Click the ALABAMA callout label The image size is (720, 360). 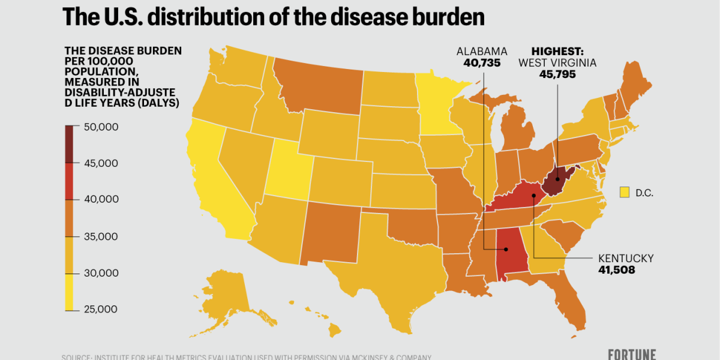coord(482,51)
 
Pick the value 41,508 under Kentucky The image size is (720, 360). coord(616,270)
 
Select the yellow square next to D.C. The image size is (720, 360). coord(625,192)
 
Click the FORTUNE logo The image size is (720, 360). coord(631,354)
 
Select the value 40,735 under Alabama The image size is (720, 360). coord(482,63)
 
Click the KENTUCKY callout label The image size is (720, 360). coord(626,258)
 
